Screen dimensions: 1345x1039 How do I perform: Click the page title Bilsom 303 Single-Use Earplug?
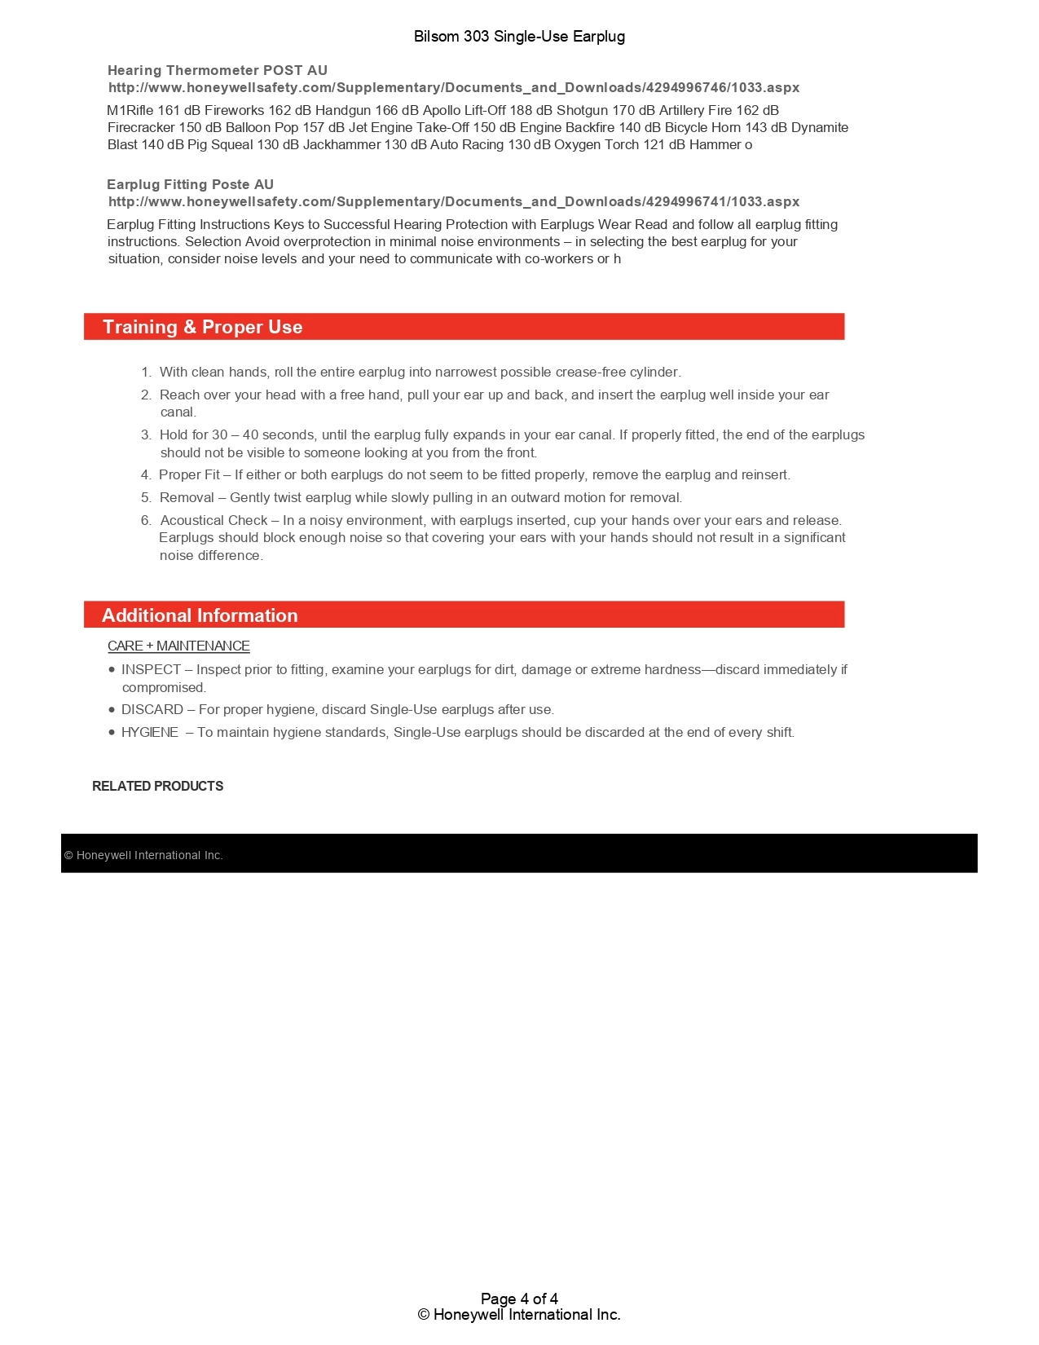[x=519, y=37]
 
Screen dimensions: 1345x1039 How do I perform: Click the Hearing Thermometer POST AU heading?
[x=218, y=71]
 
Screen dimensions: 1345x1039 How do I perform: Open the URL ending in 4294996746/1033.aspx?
[x=454, y=88]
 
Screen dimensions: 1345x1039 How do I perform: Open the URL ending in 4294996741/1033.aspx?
[x=454, y=202]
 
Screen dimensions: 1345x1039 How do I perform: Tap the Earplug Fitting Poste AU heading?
[x=190, y=185]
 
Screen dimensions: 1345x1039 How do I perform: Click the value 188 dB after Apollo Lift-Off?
[x=531, y=111]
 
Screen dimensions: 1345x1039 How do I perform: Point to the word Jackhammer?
[x=341, y=145]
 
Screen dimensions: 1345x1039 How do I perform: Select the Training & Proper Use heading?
[x=202, y=328]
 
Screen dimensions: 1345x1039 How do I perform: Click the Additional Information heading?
[x=200, y=616]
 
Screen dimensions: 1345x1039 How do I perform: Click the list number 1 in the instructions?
[x=145, y=373]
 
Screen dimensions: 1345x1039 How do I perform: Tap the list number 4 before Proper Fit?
[x=145, y=475]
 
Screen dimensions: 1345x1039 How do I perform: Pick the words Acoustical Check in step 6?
[x=214, y=521]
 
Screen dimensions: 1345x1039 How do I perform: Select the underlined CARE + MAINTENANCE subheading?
[x=178, y=646]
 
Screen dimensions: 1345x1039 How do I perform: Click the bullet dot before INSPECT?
[x=112, y=670]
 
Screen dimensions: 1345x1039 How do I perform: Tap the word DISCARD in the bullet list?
[x=152, y=710]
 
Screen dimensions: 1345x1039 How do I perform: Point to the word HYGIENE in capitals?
[x=150, y=733]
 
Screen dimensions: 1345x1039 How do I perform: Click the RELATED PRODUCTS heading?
[x=157, y=787]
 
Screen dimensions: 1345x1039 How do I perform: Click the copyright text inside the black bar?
[x=143, y=856]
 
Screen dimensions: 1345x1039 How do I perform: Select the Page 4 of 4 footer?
[x=519, y=1299]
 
